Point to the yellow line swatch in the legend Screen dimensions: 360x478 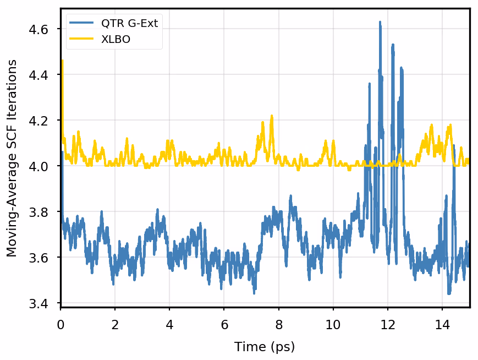[81, 39]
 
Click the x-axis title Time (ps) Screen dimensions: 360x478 [265, 347]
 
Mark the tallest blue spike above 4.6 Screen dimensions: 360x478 [380, 23]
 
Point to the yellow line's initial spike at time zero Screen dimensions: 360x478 [62, 61]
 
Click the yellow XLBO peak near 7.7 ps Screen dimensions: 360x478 [271, 116]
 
